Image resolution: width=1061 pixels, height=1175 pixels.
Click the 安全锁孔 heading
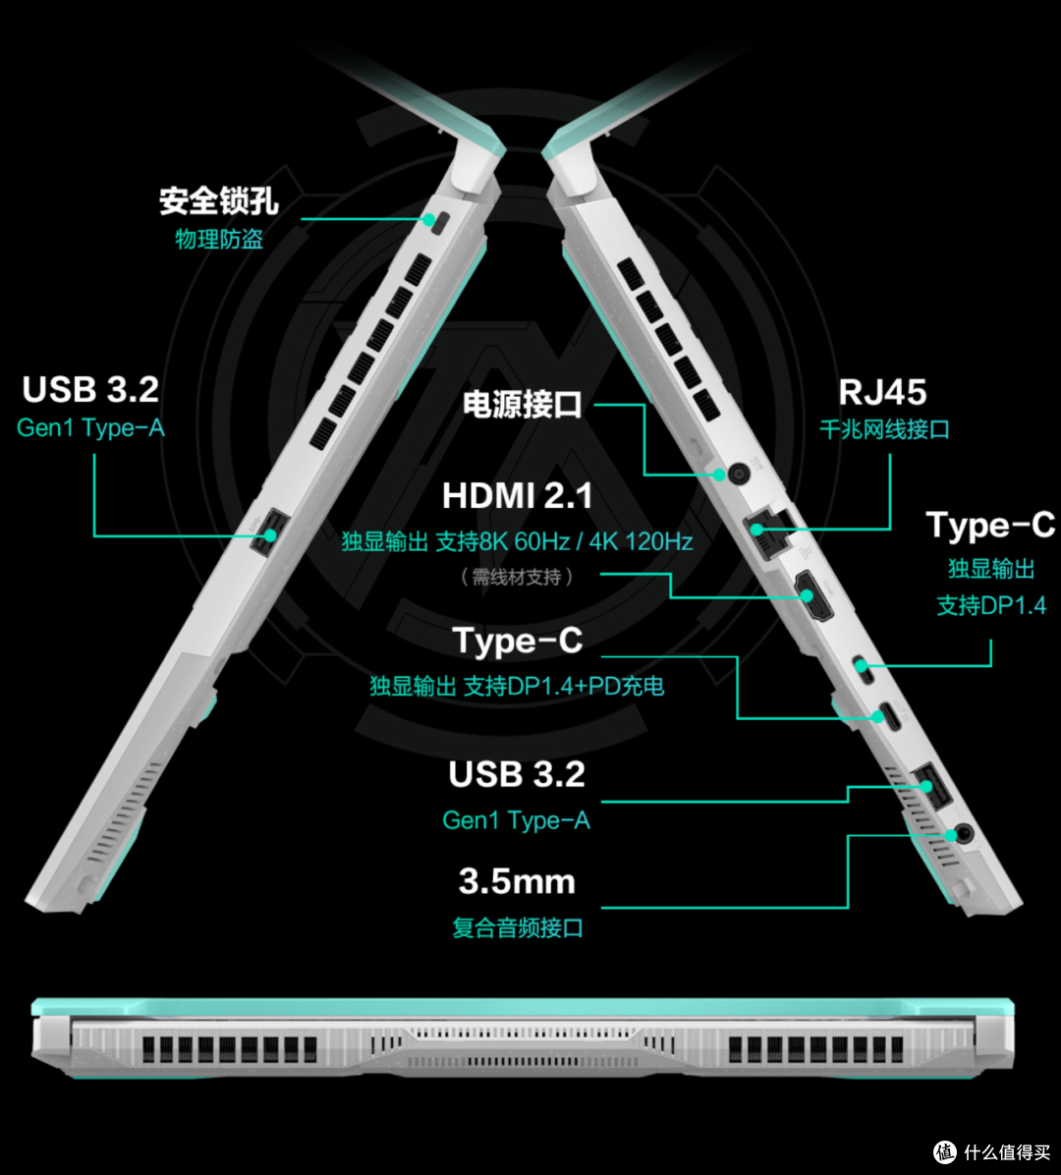[218, 200]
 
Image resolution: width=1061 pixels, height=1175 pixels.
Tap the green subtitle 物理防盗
[219, 239]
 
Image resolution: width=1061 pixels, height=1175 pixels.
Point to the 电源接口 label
[522, 405]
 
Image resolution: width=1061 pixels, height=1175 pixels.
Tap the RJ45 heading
[882, 392]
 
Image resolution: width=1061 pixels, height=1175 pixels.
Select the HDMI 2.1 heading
[517, 495]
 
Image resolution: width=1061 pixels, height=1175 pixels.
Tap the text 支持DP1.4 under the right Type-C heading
[990, 605]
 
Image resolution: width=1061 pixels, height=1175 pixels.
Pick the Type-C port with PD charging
[890, 715]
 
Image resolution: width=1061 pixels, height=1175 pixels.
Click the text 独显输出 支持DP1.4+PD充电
[517, 686]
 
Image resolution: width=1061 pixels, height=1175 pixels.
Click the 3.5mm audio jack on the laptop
[965, 832]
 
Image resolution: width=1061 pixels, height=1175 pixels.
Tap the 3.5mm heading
[517, 881]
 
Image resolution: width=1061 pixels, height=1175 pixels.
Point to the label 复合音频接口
[517, 927]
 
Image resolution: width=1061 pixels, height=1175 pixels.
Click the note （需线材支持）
[517, 577]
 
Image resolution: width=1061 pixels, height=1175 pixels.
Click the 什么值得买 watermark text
[1007, 1151]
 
